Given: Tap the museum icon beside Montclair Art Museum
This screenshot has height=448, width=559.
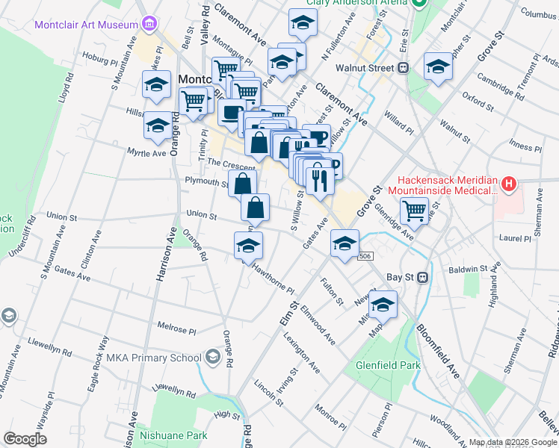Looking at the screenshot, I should [x=149, y=24].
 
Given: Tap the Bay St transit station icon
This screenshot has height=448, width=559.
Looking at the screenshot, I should [x=422, y=277].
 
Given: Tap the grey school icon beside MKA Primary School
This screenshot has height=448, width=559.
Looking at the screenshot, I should [x=213, y=358].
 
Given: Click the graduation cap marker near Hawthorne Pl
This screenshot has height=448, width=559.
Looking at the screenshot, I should [x=249, y=246].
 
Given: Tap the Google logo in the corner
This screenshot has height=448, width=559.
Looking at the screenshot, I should [x=25, y=439].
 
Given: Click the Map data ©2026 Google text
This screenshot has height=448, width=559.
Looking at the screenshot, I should [x=512, y=442].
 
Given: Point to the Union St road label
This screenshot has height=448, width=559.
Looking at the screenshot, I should [x=201, y=217].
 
